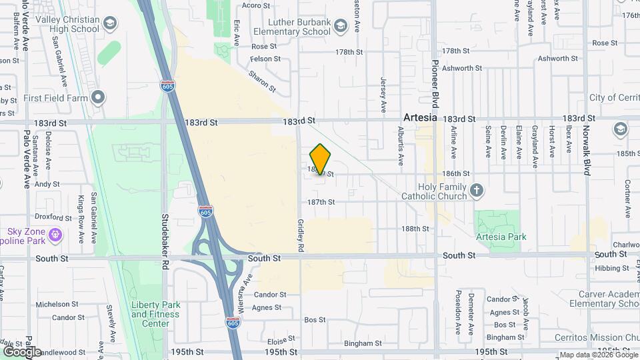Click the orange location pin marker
click(321, 159)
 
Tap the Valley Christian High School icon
click(109, 25)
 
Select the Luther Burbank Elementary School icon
click(340, 26)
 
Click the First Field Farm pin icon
click(99, 98)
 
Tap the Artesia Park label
click(501, 237)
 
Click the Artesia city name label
click(420, 117)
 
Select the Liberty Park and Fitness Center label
click(155, 314)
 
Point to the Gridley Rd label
click(301, 234)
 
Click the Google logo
click(21, 351)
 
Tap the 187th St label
click(321, 202)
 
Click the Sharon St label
click(262, 79)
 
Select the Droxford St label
click(53, 217)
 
